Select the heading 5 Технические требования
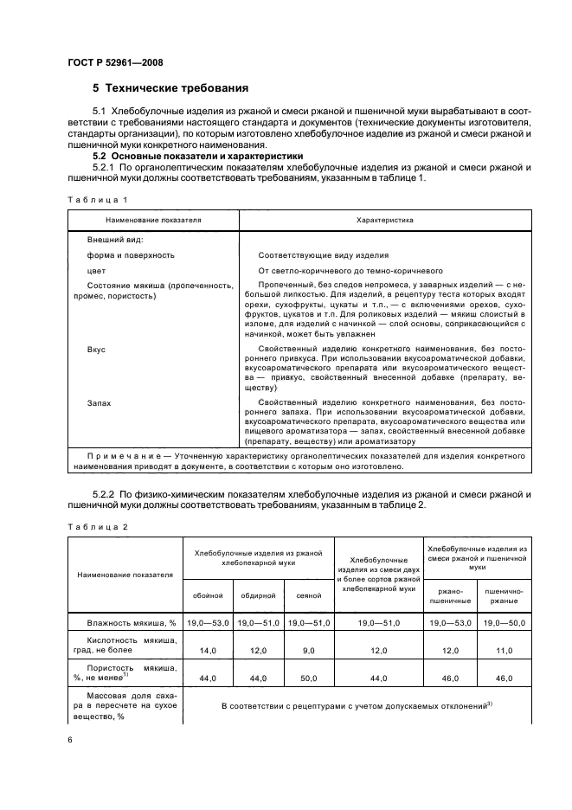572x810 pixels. [x=170, y=88]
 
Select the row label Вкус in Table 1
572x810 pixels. [x=96, y=351]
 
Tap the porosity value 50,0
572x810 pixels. [x=309, y=679]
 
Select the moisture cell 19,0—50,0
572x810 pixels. [x=504, y=621]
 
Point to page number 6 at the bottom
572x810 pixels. [x=69, y=740]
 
